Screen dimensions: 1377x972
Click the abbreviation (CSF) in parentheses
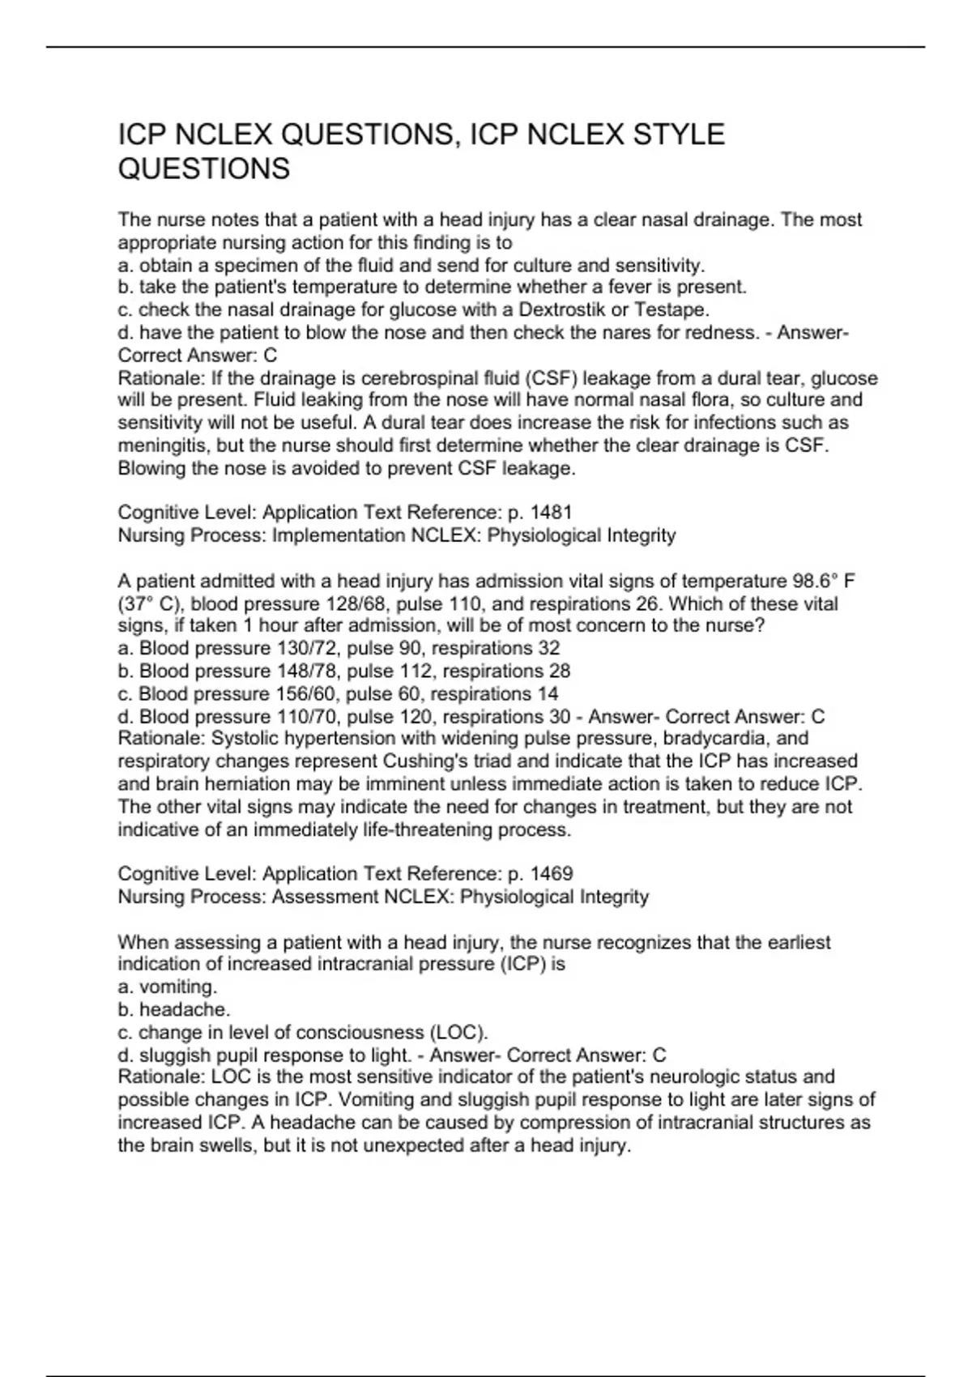pyautogui.click(x=554, y=378)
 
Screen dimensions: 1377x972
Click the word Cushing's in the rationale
pyautogui.click(x=423, y=761)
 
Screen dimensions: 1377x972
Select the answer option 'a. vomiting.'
pyautogui.click(x=168, y=987)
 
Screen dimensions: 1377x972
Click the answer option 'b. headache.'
pyautogui.click(x=174, y=1010)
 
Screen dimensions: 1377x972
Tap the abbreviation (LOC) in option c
pyautogui.click(x=458, y=1033)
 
